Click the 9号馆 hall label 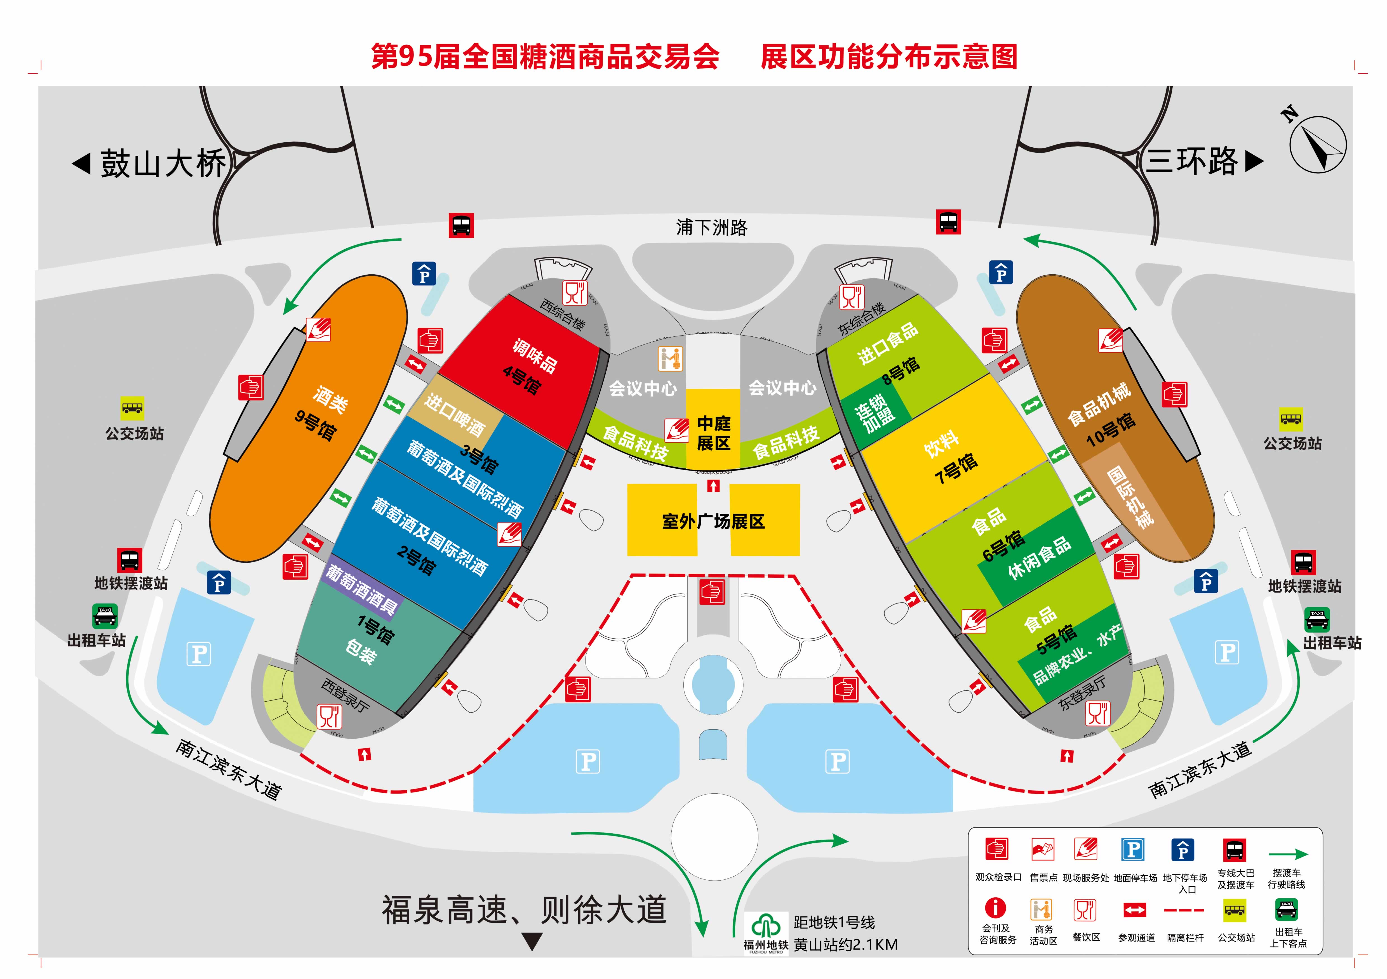click(x=315, y=424)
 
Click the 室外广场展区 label click(x=713, y=521)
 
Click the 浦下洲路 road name click(x=712, y=228)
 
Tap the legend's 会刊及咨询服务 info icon click(x=996, y=907)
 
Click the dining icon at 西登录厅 click(x=330, y=716)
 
